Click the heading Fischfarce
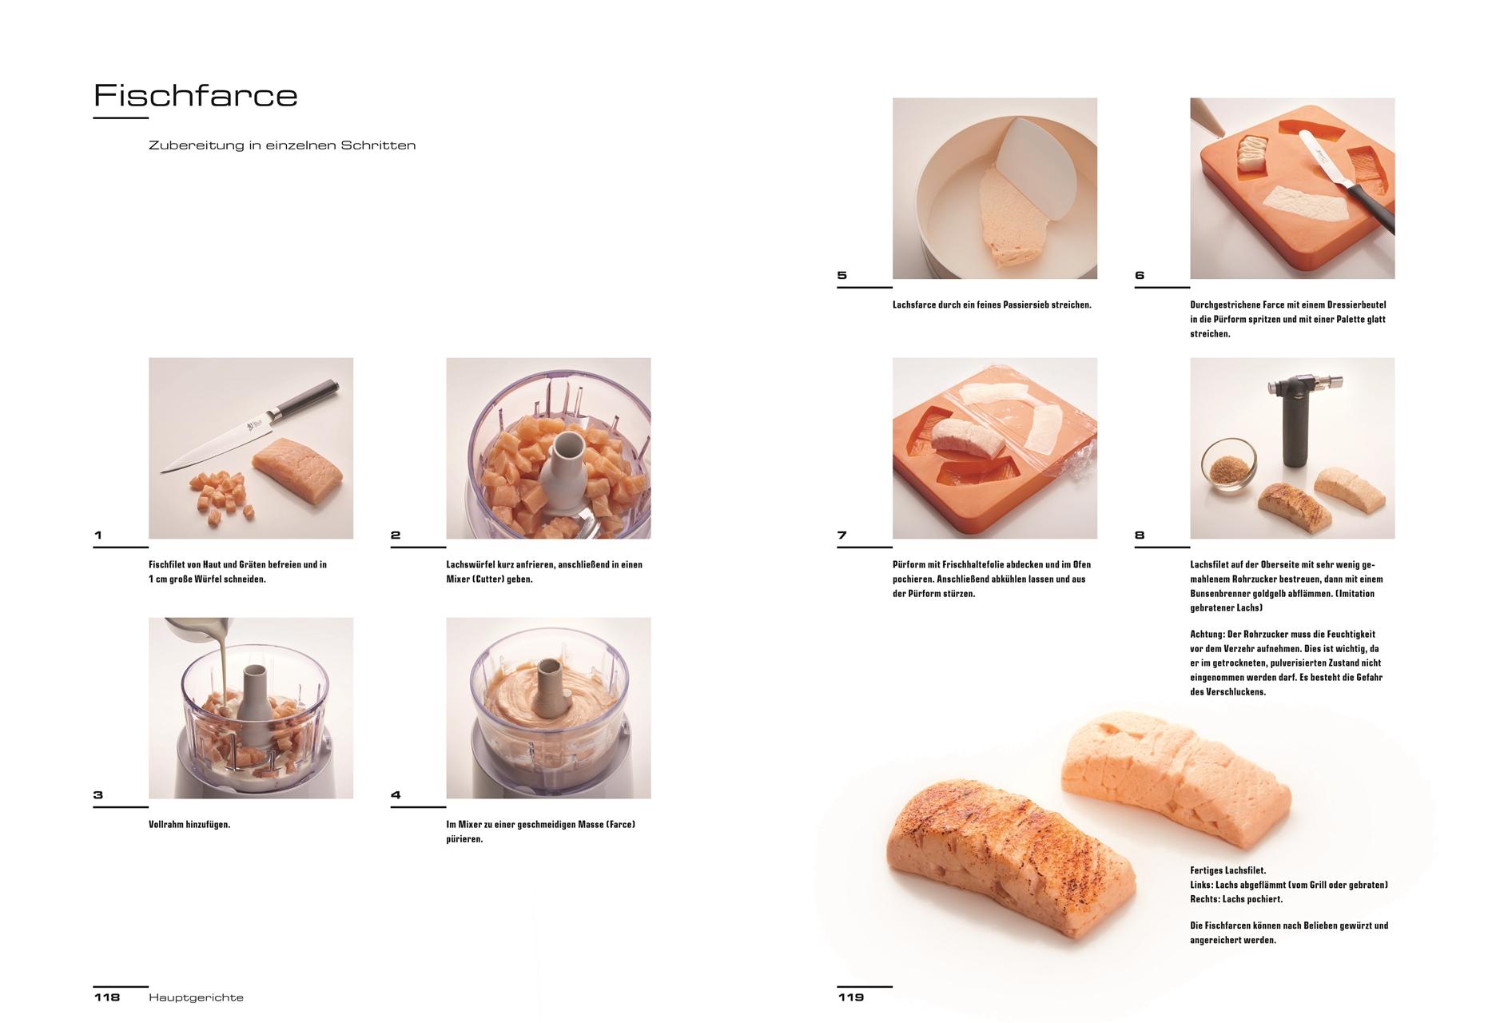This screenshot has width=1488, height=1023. (x=196, y=95)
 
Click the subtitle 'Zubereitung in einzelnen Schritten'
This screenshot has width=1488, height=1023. (x=282, y=145)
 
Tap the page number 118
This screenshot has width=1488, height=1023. (x=107, y=997)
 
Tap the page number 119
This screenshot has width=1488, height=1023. (x=851, y=997)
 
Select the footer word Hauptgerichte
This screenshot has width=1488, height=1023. (x=196, y=997)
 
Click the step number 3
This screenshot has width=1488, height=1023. (x=98, y=794)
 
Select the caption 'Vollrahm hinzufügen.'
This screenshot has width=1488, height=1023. (x=189, y=824)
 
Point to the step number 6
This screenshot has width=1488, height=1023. (x=1140, y=275)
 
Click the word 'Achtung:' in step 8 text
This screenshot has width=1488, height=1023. (x=1207, y=634)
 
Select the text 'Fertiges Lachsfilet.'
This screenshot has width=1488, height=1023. (x=1227, y=870)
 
